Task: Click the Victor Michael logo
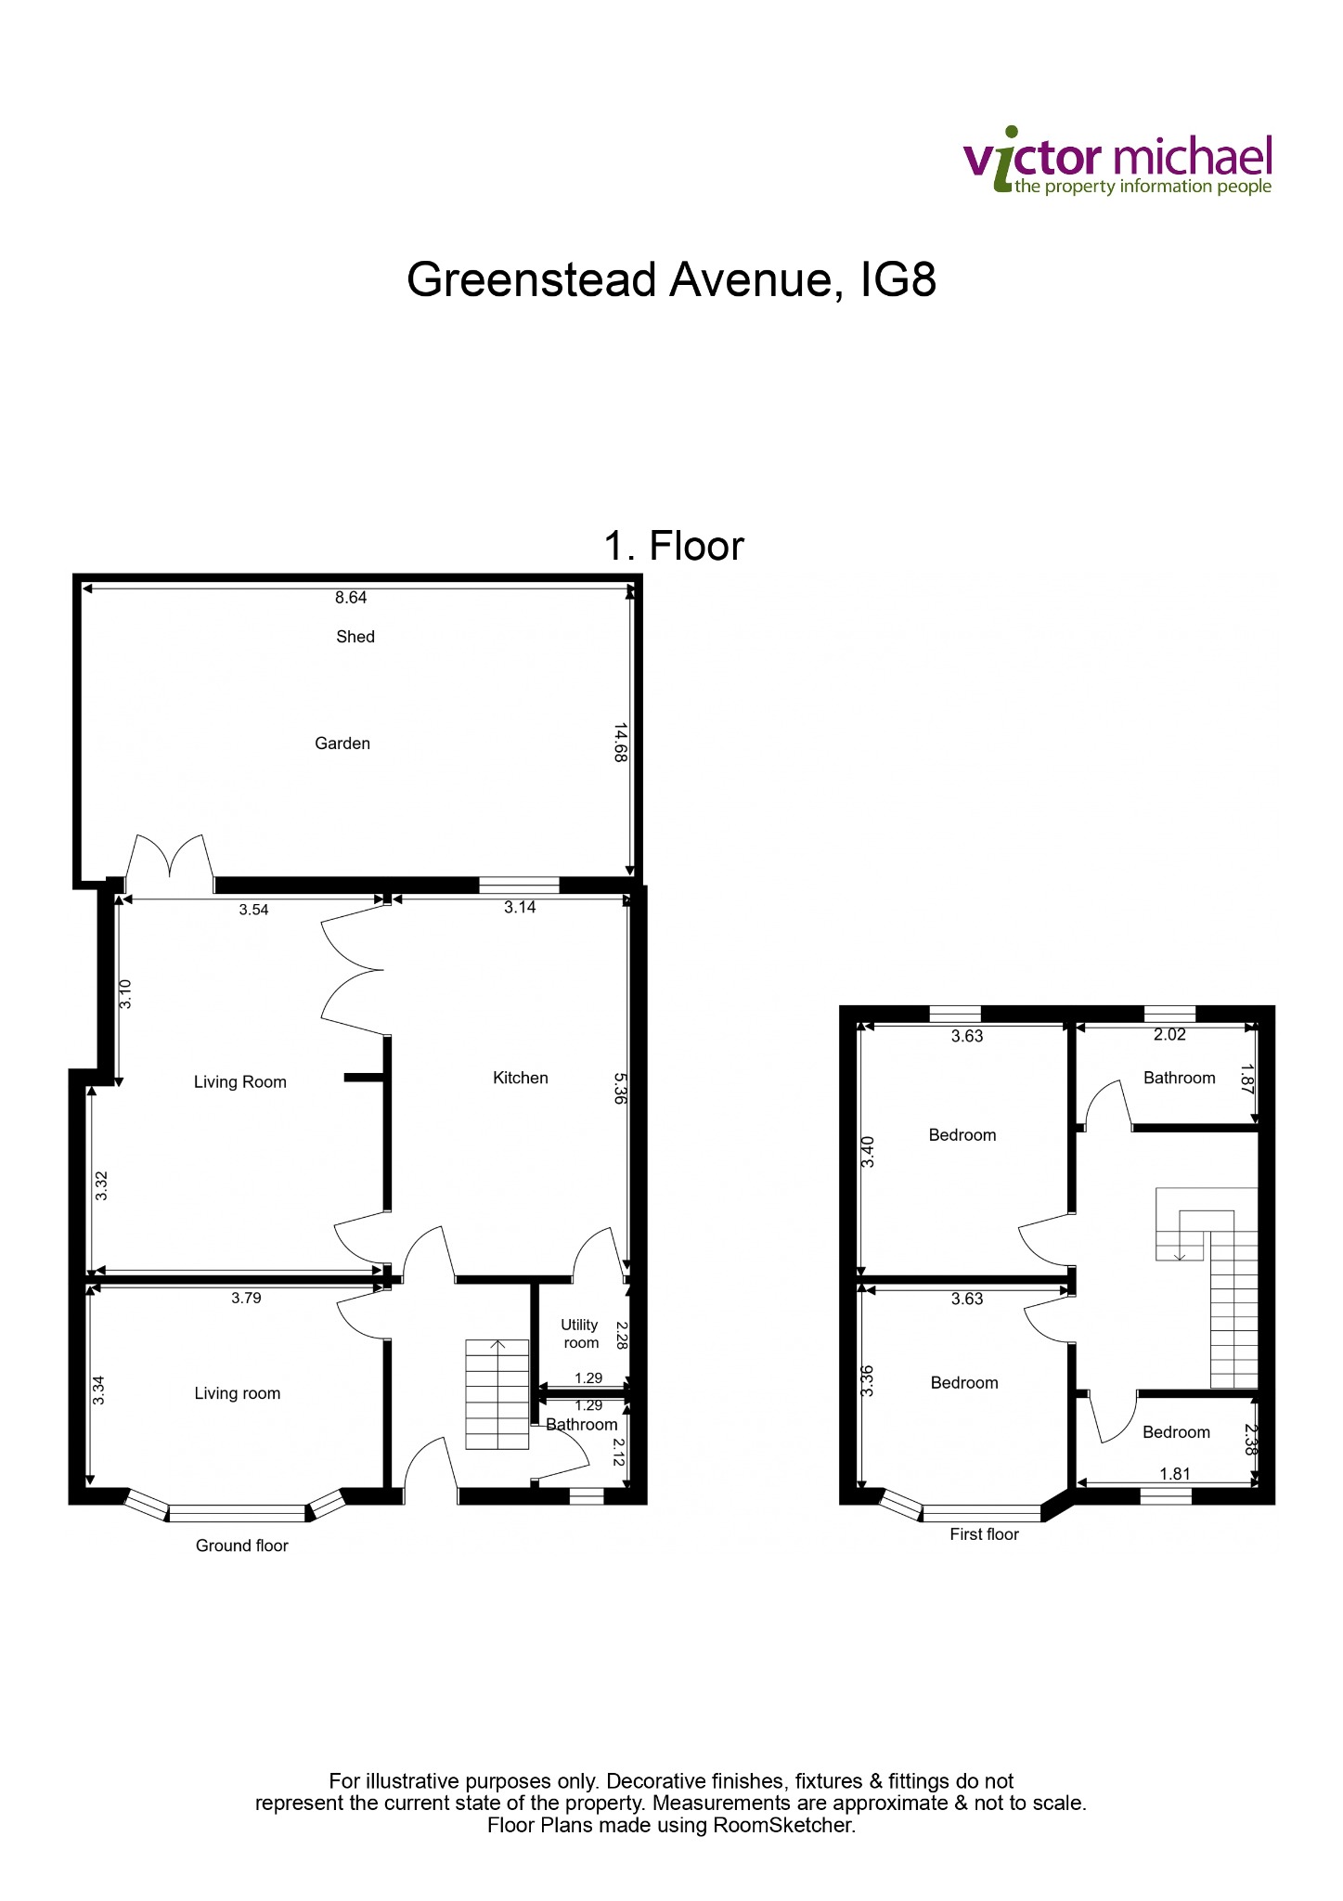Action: [1118, 162]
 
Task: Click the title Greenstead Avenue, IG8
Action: [671, 279]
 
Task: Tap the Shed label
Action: [355, 637]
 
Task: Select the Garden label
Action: [342, 744]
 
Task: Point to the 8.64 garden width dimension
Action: [351, 598]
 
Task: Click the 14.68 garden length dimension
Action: [621, 743]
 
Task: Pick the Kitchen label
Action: [521, 1078]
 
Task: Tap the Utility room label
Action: [581, 1334]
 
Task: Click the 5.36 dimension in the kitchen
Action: [621, 1088]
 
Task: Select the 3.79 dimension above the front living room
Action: [247, 1299]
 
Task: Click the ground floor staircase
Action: [497, 1394]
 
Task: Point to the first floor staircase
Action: [1207, 1287]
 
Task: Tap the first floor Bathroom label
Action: [1180, 1078]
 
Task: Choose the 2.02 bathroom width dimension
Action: [1169, 1035]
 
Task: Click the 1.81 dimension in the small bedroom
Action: [1175, 1474]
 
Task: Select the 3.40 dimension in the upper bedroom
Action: [869, 1152]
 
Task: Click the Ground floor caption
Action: [242, 1545]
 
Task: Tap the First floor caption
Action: [985, 1534]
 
